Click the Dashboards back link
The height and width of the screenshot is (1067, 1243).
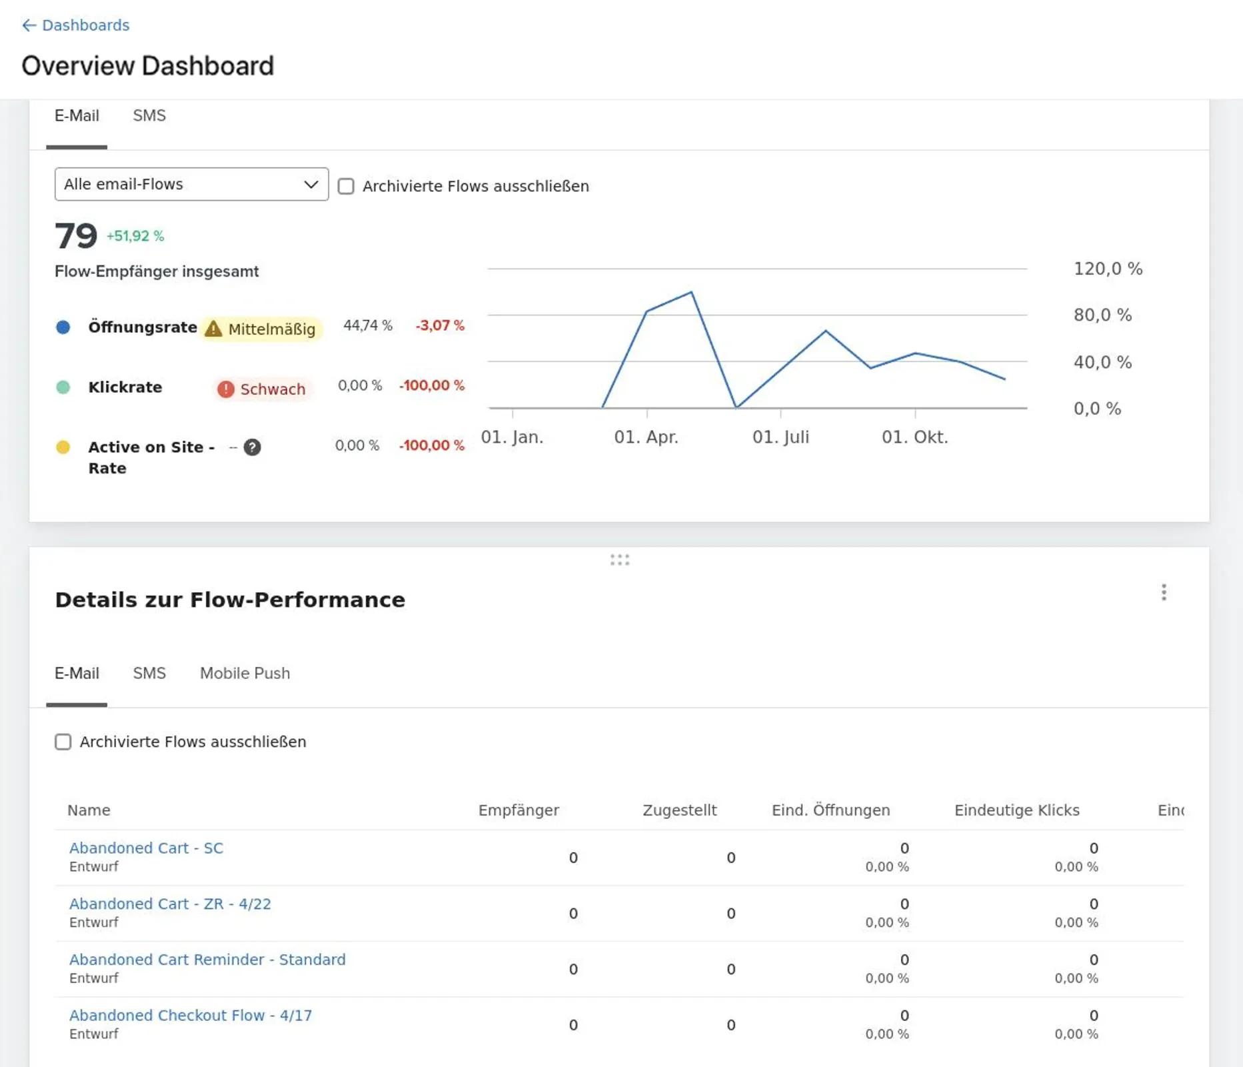point(75,25)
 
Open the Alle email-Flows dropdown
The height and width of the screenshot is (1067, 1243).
point(191,184)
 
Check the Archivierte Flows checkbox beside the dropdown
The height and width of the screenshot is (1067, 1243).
point(346,186)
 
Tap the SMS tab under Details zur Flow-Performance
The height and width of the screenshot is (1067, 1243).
point(149,673)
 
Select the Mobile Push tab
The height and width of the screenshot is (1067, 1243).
point(245,673)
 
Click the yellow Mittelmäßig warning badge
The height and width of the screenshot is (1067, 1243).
point(261,329)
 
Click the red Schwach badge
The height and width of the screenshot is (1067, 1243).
point(263,389)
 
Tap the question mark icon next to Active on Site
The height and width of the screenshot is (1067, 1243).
point(252,447)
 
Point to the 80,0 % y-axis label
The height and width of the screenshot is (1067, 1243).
point(1102,315)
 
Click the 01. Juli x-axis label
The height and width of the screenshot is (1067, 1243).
point(780,437)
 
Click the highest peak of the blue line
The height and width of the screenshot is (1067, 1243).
point(691,292)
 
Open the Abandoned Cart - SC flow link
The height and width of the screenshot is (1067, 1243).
point(146,848)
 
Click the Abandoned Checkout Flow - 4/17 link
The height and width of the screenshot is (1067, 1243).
point(191,1015)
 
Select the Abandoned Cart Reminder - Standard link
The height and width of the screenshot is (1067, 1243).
point(207,959)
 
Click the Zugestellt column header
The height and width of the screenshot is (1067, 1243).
point(679,810)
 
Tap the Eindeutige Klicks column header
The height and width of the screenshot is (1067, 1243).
point(1016,810)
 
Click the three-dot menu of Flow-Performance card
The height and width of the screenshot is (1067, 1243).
point(1164,592)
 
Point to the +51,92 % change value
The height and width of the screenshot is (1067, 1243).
point(135,236)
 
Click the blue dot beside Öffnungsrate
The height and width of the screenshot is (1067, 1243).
point(63,327)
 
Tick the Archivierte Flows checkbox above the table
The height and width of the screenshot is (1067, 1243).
point(63,742)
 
